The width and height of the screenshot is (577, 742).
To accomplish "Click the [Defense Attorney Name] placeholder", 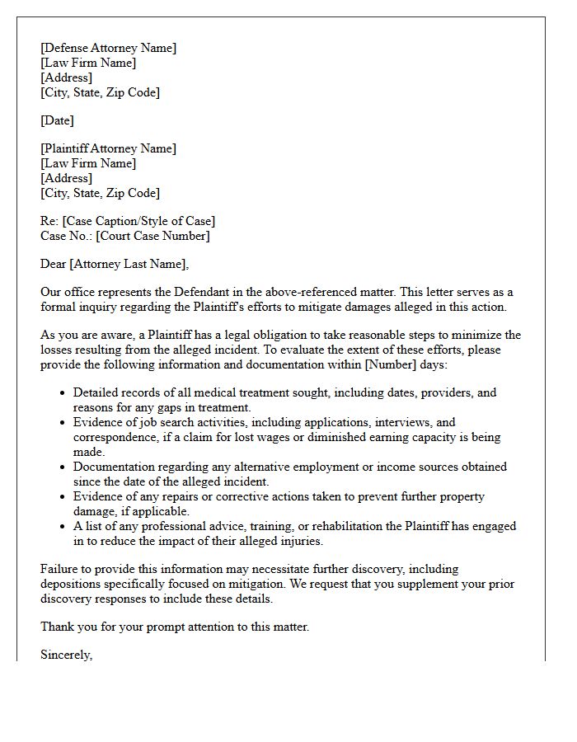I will tap(108, 48).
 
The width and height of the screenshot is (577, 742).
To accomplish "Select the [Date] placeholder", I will tap(57, 120).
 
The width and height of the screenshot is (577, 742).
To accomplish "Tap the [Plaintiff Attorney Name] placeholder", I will tap(108, 148).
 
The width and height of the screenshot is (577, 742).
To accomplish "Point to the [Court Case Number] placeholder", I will tap(152, 236).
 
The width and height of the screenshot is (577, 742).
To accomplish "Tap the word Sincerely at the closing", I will tap(66, 655).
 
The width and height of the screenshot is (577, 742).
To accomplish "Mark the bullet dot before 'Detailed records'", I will tap(62, 393).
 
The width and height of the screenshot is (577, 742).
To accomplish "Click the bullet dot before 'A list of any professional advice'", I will tap(62, 527).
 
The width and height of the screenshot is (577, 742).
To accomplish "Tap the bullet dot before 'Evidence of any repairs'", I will tap(62, 497).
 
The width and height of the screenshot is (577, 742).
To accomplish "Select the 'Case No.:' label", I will tap(66, 236).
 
